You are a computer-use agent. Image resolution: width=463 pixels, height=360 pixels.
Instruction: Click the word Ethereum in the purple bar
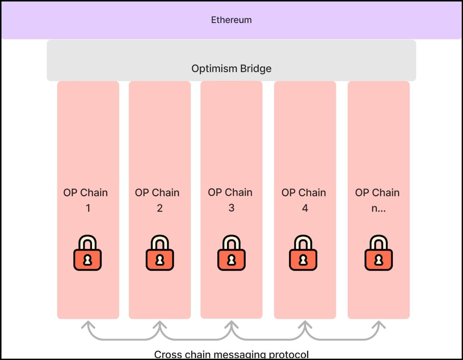231,20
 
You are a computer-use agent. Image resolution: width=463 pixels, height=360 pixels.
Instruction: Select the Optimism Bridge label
231,69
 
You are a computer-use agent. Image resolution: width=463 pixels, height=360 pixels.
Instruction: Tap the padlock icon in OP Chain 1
87,253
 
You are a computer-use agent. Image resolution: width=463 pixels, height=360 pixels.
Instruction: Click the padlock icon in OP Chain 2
160,253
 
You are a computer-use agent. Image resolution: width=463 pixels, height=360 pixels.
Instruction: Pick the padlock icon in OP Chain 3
231,253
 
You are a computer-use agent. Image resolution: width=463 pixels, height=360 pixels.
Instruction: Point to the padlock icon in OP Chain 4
303,253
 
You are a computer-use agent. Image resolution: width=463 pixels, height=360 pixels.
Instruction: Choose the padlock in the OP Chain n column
379,253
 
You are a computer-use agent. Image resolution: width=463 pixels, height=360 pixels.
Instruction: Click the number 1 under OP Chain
88,208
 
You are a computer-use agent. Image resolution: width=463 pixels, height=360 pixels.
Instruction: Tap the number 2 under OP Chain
160,208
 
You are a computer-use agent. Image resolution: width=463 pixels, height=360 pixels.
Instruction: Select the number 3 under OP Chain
231,208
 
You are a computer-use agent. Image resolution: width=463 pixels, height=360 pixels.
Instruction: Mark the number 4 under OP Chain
305,208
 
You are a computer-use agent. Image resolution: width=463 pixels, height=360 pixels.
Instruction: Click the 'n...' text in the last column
379,208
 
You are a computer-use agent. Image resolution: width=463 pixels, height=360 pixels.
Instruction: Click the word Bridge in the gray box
255,69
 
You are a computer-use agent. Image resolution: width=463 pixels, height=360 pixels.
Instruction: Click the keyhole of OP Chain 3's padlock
231,260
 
